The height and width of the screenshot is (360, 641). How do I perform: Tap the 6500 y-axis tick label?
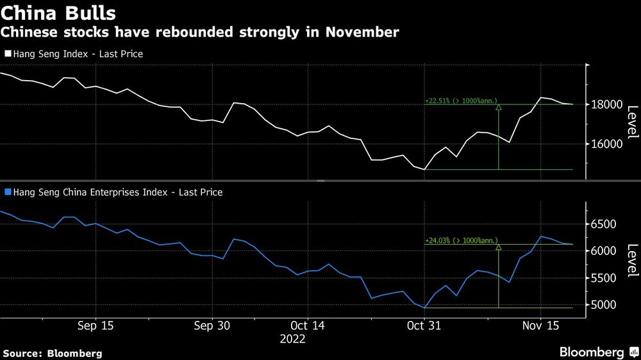(603, 224)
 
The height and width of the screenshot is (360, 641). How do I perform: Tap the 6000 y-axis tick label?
(603, 251)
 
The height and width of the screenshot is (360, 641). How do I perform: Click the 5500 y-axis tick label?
(603, 278)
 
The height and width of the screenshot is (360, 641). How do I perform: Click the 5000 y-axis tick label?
(603, 305)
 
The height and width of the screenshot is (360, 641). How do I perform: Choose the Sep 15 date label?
(96, 325)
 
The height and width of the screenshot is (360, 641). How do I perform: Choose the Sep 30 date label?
(212, 325)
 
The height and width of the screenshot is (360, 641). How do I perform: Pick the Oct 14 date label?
(308, 325)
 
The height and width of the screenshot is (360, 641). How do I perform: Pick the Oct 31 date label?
(424, 325)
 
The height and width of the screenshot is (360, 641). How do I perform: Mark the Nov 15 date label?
(540, 325)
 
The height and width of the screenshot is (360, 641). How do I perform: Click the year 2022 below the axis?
(293, 339)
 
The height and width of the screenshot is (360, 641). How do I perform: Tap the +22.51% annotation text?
(461, 101)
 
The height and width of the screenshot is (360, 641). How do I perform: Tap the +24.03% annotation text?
(461, 241)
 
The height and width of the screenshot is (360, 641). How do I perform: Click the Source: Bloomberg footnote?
(53, 353)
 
